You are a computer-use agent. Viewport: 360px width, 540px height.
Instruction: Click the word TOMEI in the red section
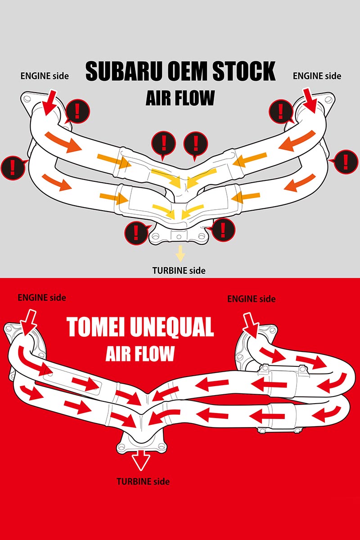click(x=96, y=328)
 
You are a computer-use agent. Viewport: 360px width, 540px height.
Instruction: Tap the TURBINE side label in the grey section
click(x=179, y=270)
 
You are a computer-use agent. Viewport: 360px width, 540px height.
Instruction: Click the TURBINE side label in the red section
click(x=143, y=481)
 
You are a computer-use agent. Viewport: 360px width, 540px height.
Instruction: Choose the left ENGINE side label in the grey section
click(x=45, y=76)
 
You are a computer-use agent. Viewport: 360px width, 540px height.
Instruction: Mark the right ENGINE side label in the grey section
click(x=317, y=76)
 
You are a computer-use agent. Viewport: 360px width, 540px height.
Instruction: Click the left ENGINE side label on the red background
click(x=42, y=297)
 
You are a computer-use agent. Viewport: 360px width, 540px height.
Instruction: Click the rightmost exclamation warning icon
click(x=345, y=161)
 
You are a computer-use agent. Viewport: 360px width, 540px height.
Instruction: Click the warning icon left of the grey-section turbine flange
click(x=135, y=231)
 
